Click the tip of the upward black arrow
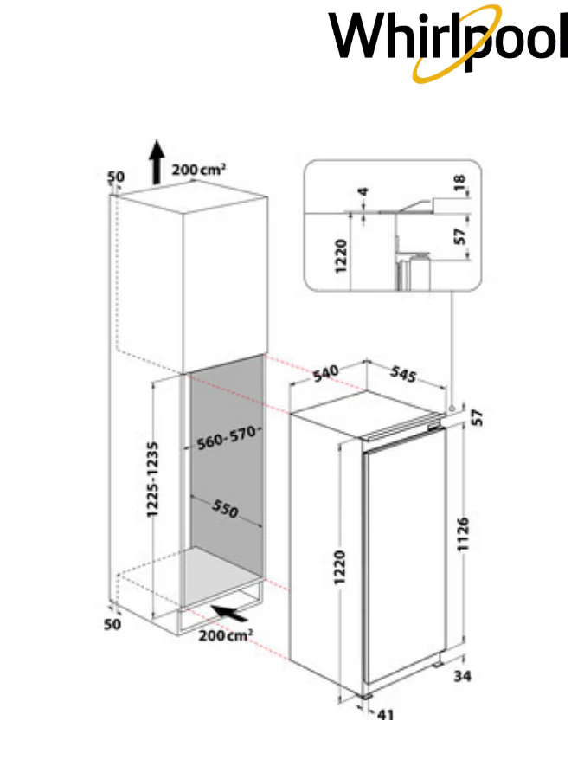pos(157,140)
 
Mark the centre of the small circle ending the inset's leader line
pos(452,408)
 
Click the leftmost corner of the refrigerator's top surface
pos(290,414)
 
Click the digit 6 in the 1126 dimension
pos(462,522)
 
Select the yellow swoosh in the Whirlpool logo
pos(458,44)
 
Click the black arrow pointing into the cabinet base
pos(229,614)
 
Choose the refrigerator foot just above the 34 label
pos(437,664)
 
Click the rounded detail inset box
pos(392,225)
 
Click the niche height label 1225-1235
pos(152,480)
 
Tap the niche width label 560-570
pos(228,437)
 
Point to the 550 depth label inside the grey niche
pos(226,508)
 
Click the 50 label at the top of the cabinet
pos(116,177)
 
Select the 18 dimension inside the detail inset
pos(459,182)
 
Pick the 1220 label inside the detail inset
pos(341,256)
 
